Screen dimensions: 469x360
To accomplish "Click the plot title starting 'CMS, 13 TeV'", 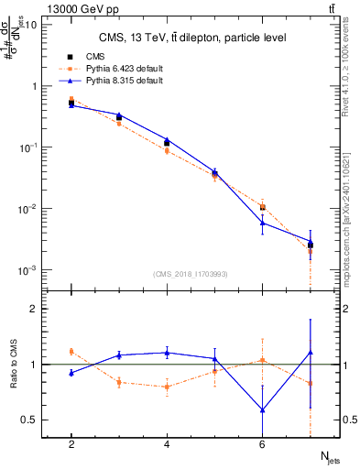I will coord(192,38).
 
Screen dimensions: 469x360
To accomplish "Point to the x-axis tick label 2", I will coord(71,445).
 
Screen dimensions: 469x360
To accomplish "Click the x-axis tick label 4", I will coord(167,445).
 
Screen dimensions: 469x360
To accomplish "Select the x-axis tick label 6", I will coord(262,445).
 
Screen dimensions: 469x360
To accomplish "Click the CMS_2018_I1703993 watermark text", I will coord(191,274).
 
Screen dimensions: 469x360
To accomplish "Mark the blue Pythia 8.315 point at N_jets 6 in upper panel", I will coord(263,223).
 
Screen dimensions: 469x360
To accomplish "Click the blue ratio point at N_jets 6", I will coord(263,410).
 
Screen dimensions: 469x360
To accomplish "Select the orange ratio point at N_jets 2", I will coord(71,351).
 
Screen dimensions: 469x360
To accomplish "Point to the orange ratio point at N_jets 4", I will coord(167,387).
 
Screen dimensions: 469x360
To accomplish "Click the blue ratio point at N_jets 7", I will coord(311,352).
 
